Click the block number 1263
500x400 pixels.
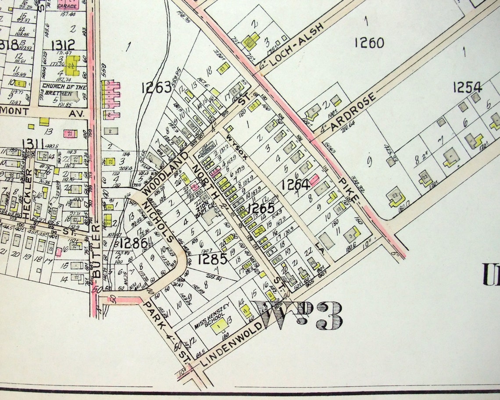point(156,88)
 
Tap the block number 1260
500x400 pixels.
point(369,43)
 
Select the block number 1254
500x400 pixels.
point(468,87)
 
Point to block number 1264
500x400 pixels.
point(296,185)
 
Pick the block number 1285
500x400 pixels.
point(212,259)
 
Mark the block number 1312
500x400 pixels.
point(63,45)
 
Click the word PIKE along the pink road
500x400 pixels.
point(349,189)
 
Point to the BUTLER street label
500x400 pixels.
point(96,252)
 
